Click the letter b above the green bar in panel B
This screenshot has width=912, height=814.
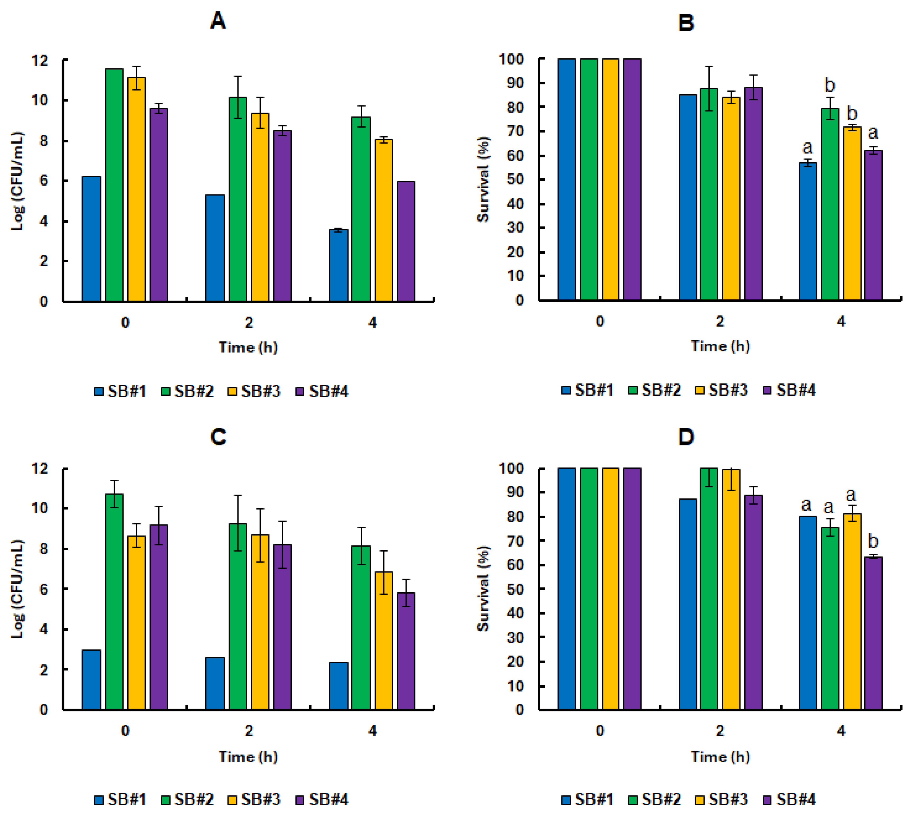829,85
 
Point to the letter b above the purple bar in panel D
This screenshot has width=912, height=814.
873,541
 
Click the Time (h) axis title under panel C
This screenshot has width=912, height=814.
248,756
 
